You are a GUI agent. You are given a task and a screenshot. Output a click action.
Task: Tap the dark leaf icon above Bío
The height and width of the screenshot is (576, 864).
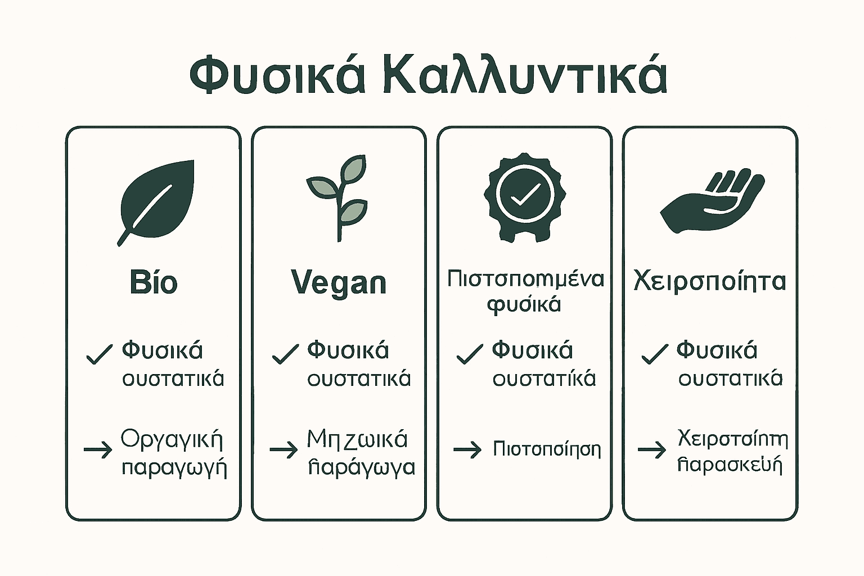click(157, 202)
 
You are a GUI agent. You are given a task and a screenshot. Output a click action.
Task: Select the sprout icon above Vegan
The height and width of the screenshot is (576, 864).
click(338, 197)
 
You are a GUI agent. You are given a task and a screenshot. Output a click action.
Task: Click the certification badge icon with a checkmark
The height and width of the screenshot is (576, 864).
click(524, 196)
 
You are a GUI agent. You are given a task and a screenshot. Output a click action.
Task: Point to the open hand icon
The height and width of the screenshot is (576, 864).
click(712, 202)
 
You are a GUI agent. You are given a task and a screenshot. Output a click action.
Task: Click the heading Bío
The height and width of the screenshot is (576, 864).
click(153, 282)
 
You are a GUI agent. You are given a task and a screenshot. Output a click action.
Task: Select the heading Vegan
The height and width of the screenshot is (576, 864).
click(339, 282)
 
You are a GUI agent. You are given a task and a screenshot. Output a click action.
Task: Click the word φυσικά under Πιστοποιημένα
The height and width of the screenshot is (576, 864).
click(524, 304)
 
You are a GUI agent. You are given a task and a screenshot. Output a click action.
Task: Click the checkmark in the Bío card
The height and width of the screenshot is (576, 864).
click(99, 354)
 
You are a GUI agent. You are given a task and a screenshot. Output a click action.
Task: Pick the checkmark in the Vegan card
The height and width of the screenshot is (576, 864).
click(285, 354)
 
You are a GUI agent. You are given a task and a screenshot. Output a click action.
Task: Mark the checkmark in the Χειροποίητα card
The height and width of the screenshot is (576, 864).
click(655, 354)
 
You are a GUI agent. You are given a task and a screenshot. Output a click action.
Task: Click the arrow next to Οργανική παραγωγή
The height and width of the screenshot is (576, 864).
click(98, 450)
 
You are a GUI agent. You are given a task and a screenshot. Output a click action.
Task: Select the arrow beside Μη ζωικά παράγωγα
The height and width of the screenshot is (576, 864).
click(283, 450)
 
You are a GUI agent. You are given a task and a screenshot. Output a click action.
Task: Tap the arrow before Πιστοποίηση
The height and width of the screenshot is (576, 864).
click(467, 449)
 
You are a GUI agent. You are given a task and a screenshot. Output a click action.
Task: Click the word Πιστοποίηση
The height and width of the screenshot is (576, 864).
click(547, 449)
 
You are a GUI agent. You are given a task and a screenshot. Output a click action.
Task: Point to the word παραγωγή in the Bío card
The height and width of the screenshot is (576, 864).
click(174, 468)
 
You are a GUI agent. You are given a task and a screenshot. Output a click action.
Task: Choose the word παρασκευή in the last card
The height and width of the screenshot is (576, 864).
click(730, 466)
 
